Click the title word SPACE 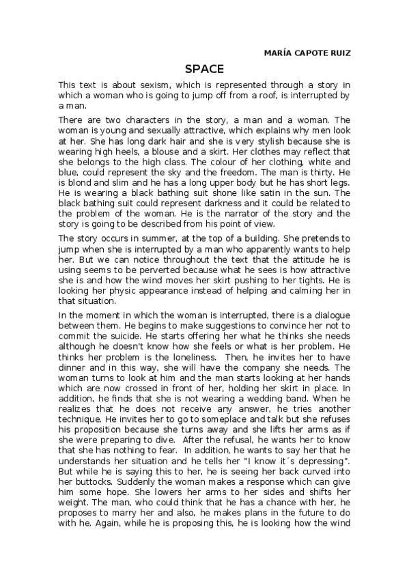coord(205,68)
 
